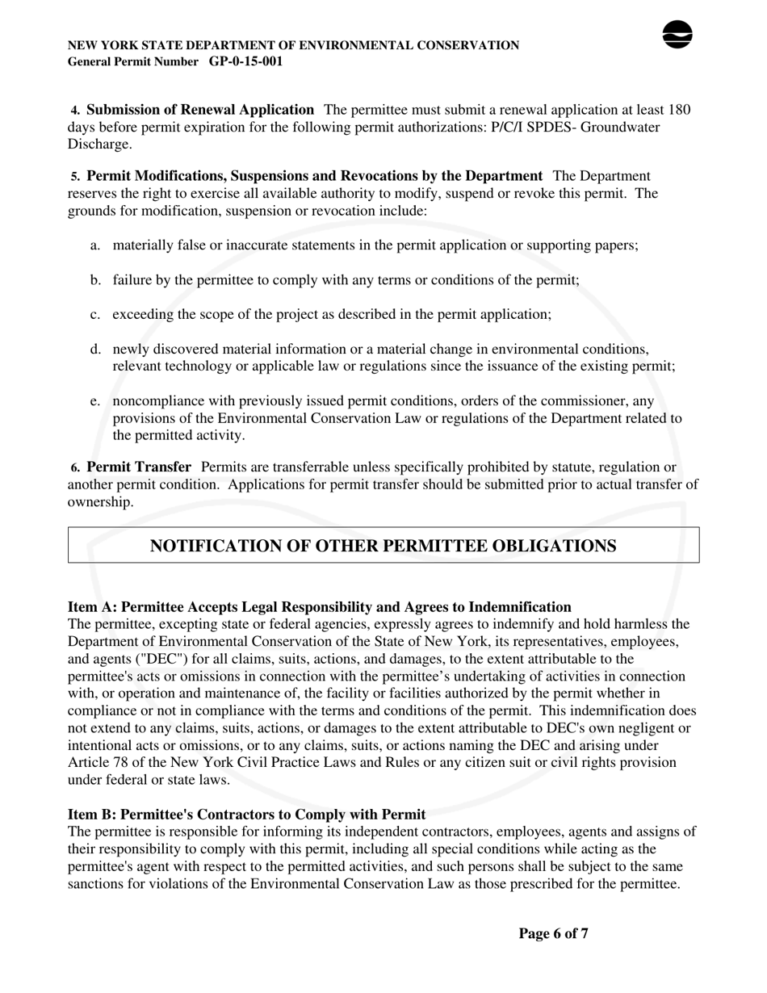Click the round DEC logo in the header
coord(677,35)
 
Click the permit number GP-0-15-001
coord(245,61)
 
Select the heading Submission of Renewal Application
coord(200,110)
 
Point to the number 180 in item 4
coord(679,110)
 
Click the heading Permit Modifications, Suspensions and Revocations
coord(314,176)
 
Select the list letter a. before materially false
coord(95,245)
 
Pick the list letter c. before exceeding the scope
coord(95,315)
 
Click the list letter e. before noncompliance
coord(95,401)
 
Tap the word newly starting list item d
coord(130,350)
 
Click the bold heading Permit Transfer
coord(139,467)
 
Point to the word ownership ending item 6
coord(99,502)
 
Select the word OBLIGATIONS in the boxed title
coord(553,546)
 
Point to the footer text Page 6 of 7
coord(553,934)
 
